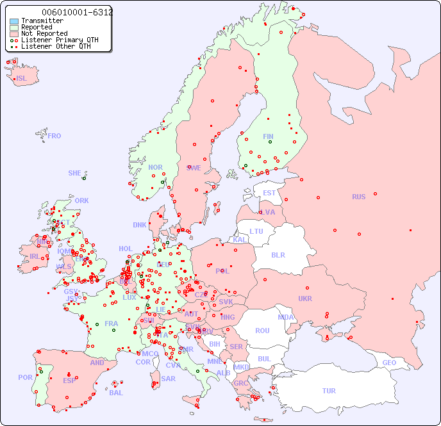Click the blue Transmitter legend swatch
14,20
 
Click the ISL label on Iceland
22,79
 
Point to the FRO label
54,136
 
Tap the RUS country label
358,197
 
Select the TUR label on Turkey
329,391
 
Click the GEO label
389,363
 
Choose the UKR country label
305,299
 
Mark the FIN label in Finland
268,136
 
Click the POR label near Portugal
25,377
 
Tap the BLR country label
278,254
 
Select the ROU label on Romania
262,331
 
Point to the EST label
269,193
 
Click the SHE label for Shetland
75,173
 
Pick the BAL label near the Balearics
116,393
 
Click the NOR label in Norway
155,167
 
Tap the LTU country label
256,231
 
